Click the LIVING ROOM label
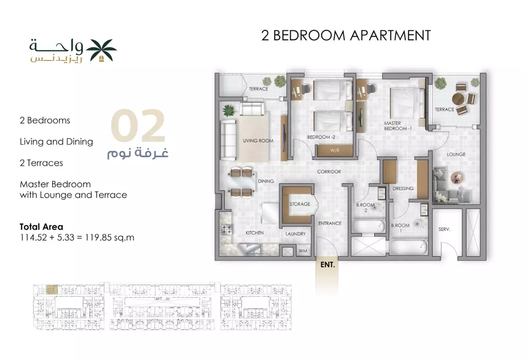tap(258, 141)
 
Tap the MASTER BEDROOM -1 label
tap(398, 126)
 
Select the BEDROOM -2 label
tap(321, 137)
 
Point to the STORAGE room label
tap(300, 204)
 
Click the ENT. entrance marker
tap(328, 265)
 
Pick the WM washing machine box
tap(303, 251)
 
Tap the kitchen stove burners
tap(226, 229)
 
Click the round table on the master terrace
tap(459, 99)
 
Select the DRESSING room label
tap(403, 188)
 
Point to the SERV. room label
tap(444, 229)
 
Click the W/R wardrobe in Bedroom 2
tap(335, 150)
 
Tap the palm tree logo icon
tap(101, 50)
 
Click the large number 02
tap(138, 125)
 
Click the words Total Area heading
tap(41, 227)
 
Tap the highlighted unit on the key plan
tap(52, 289)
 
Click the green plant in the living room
tap(229, 111)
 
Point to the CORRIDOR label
tap(329, 172)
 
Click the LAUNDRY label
tap(296, 234)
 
